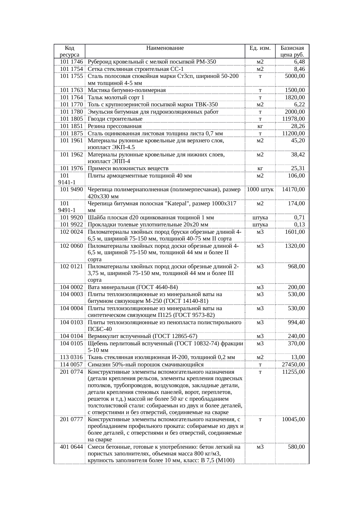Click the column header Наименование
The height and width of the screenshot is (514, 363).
coord(165,48)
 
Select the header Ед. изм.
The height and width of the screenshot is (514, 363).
coord(260,48)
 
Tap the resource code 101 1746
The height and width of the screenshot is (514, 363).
coord(71,62)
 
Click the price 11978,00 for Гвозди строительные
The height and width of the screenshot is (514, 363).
coord(293,119)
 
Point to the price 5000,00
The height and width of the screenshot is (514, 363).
coord(295,76)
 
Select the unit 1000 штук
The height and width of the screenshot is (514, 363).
coord(260,189)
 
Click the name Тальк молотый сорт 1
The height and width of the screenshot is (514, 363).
coord(116,98)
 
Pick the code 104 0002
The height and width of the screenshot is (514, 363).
coord(71,287)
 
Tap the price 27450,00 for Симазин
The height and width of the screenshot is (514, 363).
coord(293,365)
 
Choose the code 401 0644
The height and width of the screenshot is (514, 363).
coord(71,447)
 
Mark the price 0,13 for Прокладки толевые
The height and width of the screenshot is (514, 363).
coord(299,225)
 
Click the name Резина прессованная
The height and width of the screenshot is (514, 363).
coord(114,126)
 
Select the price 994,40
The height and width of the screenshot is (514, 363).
coord(296,322)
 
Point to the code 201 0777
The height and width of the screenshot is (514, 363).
coord(71,419)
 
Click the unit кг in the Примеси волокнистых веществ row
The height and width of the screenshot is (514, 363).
coord(260,168)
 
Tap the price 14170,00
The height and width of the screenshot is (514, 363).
coord(293,189)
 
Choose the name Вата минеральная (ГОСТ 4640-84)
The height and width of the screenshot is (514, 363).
coord(133,287)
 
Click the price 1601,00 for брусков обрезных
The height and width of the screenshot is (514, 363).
coord(295,232)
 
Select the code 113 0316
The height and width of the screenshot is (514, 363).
coord(71,357)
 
